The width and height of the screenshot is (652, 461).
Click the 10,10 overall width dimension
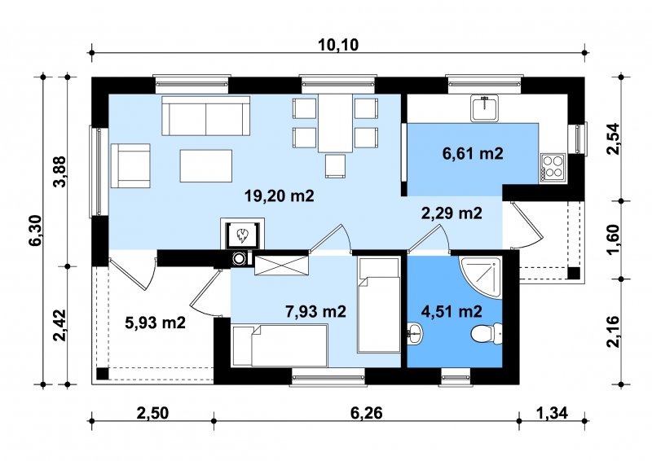338,44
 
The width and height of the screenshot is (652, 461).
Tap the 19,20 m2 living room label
279,195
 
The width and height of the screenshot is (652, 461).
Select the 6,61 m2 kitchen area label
473,153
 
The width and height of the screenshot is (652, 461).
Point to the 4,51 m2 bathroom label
452,311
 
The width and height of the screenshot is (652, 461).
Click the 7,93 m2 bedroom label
315,311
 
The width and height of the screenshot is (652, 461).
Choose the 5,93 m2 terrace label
155,323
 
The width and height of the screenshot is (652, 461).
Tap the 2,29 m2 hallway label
452,213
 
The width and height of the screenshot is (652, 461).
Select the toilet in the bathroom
487,334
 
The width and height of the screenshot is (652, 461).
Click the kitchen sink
484,108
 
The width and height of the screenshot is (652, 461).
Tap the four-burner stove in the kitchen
553,167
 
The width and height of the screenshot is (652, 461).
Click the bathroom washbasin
415,334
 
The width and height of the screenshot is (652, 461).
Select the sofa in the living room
206,116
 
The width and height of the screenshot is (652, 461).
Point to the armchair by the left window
130,166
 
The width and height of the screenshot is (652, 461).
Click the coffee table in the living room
206,166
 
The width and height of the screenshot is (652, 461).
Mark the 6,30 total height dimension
36,230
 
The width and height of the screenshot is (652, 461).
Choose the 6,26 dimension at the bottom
366,413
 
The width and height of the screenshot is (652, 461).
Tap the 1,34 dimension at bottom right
553,413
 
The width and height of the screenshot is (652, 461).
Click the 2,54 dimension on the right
613,139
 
